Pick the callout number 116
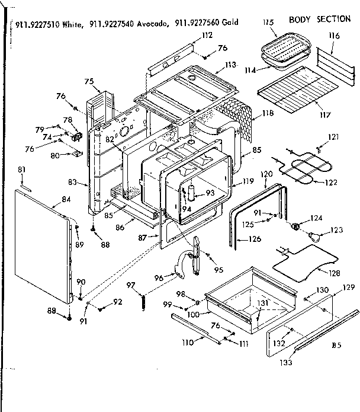coord(335,37)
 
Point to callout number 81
coord(22,171)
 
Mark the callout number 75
coord(89,81)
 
